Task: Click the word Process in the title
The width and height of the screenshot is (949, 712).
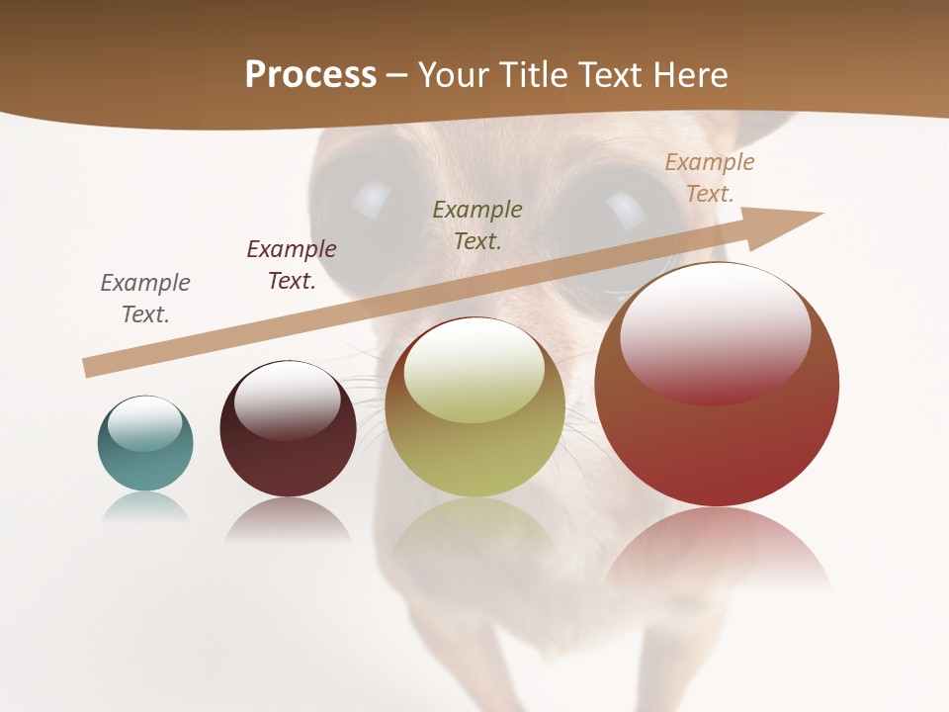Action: tap(310, 74)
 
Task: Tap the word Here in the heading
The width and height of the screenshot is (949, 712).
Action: tap(688, 74)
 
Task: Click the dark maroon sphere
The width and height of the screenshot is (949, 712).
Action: tap(288, 445)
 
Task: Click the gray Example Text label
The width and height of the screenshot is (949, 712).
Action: tap(145, 298)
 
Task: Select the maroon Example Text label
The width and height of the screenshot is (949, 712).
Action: tap(292, 264)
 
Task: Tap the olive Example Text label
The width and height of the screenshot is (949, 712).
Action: tap(477, 224)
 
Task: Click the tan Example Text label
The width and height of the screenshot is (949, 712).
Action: tap(710, 177)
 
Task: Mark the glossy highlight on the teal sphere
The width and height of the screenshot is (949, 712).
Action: tap(144, 424)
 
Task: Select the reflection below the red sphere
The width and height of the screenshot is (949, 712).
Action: tap(717, 549)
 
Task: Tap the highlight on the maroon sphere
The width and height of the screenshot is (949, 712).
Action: tap(287, 398)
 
